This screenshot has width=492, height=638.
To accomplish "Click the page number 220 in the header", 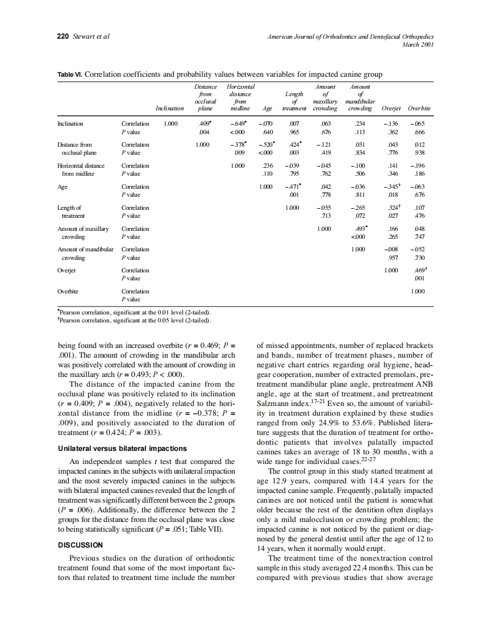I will pos(63,36).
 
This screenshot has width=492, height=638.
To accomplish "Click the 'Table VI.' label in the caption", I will pos(70,74).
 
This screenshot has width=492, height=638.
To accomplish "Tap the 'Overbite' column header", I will pos(419,108).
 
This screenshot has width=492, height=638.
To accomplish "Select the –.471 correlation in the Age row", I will pos(293,187).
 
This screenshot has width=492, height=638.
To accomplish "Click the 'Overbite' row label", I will pos(68,291).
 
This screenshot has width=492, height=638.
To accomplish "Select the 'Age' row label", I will pos(62,187).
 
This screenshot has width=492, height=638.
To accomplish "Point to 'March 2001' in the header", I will pos(418,44).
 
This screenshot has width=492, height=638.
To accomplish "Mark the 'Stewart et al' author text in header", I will pos(91,36).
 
